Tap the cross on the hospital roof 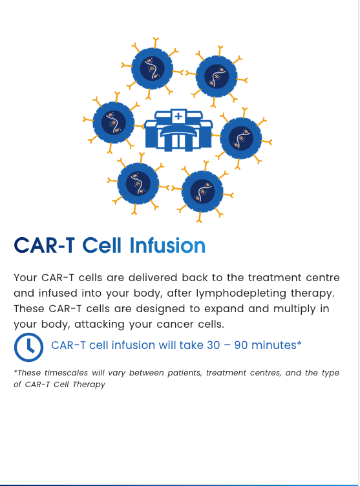[x=178, y=117]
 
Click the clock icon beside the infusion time [x=29, y=347]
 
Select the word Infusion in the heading [x=167, y=246]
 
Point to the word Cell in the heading [x=103, y=246]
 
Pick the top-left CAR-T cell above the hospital [x=153, y=68]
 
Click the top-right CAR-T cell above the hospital [x=217, y=76]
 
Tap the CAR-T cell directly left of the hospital [x=114, y=123]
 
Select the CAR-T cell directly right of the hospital [x=241, y=138]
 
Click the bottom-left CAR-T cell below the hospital [x=138, y=182]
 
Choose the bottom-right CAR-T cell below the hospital [x=202, y=191]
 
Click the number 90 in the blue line [x=242, y=345]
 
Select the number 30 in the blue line [x=214, y=345]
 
